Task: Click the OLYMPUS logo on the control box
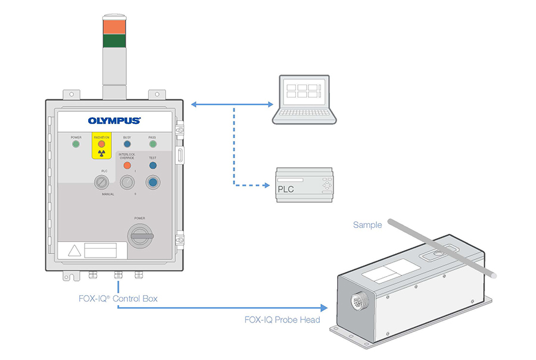[114, 120]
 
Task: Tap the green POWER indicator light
[76, 144]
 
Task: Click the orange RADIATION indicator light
[101, 144]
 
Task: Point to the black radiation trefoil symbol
[101, 153]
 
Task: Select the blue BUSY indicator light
[127, 144]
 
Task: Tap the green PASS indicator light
[152, 144]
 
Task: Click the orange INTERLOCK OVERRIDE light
[126, 165]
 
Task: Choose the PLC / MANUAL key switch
[101, 182]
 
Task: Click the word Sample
[367, 225]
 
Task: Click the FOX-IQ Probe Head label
[282, 320]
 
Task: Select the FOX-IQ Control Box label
[121, 298]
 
